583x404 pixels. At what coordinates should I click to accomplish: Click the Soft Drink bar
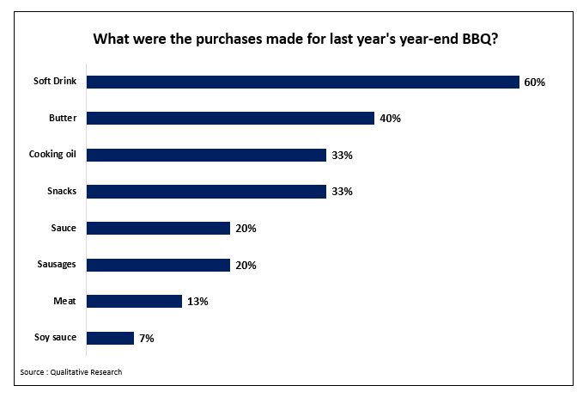click(x=303, y=82)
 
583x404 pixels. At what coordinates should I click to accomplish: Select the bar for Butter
click(x=230, y=119)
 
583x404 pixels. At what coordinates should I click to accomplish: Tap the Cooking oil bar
click(x=206, y=155)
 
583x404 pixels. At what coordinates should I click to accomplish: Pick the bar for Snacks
click(x=206, y=192)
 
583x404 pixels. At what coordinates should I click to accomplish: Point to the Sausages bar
click(x=158, y=265)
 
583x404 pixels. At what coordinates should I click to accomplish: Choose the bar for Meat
click(x=134, y=301)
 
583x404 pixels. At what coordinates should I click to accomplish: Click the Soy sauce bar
click(x=110, y=338)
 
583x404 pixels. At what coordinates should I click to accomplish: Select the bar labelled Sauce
click(x=158, y=228)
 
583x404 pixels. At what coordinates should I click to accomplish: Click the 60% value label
click(x=535, y=83)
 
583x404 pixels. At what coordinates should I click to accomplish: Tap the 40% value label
click(x=391, y=119)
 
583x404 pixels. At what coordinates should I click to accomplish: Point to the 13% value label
click(x=197, y=302)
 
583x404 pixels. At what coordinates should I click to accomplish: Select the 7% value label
click(x=147, y=339)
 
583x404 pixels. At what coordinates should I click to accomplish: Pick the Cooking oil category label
click(x=53, y=155)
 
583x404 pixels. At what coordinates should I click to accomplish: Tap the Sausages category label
click(x=58, y=265)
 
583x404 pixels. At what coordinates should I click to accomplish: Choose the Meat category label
click(x=65, y=301)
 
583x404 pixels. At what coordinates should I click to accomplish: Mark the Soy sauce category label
click(x=56, y=338)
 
